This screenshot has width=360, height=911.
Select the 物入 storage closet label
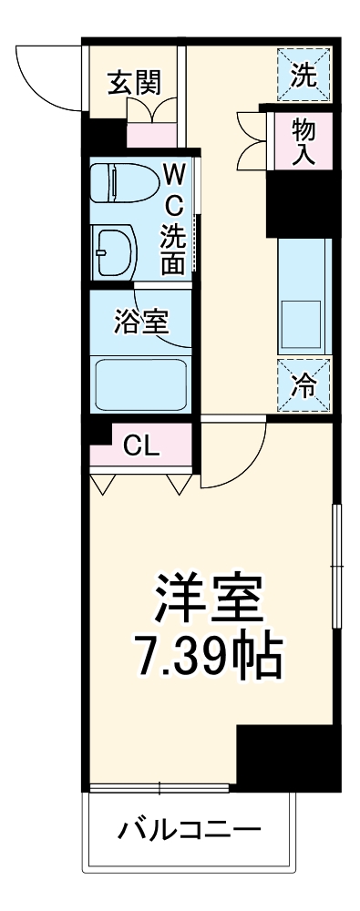click(x=303, y=140)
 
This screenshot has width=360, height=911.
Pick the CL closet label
click(x=141, y=445)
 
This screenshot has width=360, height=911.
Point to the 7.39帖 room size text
click(x=207, y=655)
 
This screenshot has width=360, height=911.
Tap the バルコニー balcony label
click(x=189, y=831)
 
